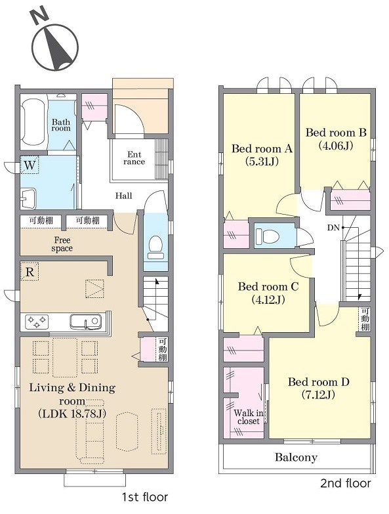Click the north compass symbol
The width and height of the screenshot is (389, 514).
[x=54, y=42]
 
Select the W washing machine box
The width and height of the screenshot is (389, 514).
[x=30, y=165]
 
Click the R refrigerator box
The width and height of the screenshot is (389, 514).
[x=30, y=271]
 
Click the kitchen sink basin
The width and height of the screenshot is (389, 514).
[x=85, y=321]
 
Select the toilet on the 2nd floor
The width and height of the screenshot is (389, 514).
[x=267, y=236]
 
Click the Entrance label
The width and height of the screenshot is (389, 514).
[x=134, y=158]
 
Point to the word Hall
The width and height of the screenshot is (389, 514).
[x=123, y=196]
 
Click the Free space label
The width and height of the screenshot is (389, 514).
[x=62, y=244]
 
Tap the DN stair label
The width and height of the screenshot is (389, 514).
[x=333, y=228]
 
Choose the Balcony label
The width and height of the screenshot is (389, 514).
[x=296, y=458]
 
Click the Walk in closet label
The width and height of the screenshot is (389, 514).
[x=249, y=417]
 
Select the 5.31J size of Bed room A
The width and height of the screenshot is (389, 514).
[x=262, y=161]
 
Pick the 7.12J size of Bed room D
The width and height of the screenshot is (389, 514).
[x=318, y=395]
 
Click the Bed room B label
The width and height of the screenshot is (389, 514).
[x=336, y=133]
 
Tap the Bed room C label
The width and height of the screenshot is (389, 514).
[x=268, y=287]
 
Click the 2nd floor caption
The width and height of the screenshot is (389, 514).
[x=346, y=483]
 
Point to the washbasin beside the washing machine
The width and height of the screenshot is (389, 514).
[x=28, y=198]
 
